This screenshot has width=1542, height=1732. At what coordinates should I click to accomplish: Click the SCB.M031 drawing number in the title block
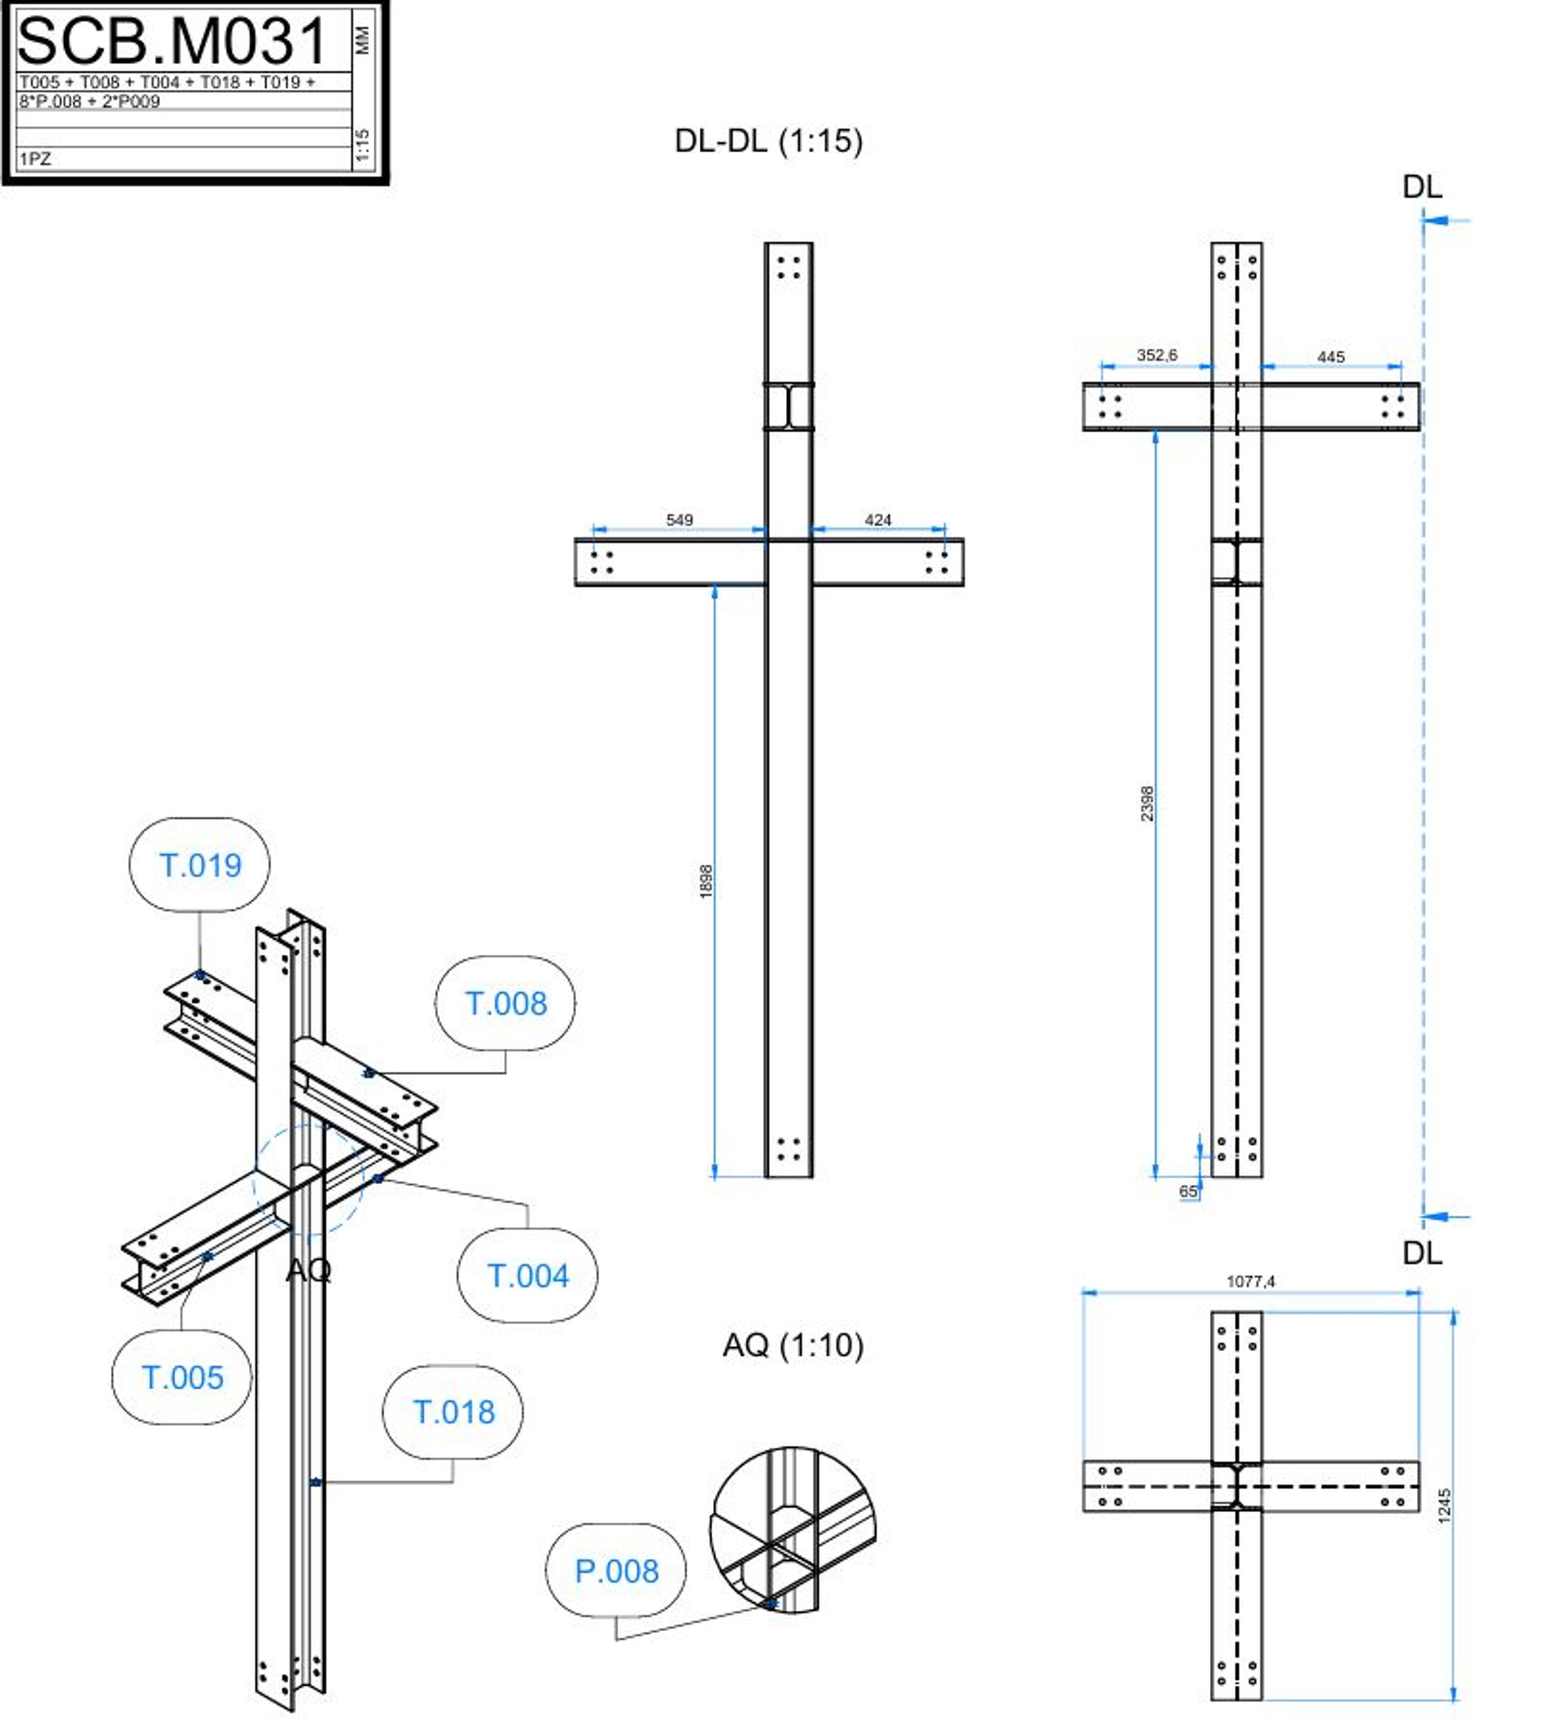(x=172, y=41)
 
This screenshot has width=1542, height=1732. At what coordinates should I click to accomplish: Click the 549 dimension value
(x=679, y=519)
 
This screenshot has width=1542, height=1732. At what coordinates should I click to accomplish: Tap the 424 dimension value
(x=878, y=519)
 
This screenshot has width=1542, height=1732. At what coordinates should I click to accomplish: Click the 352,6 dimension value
(x=1156, y=355)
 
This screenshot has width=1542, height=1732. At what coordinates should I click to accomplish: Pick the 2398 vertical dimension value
(x=1146, y=803)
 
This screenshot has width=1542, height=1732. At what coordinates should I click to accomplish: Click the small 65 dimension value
(x=1189, y=1191)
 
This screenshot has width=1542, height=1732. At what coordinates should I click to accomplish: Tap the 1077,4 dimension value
(x=1250, y=1281)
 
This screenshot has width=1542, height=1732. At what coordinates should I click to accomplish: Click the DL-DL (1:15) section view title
(x=769, y=141)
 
